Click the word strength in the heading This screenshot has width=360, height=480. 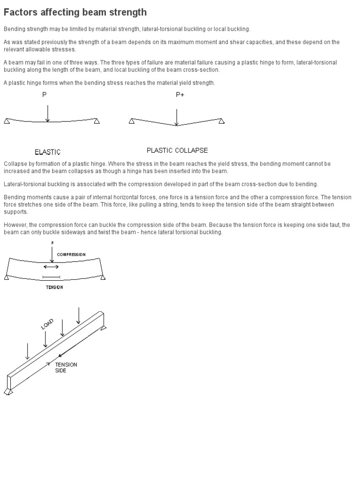pos(127,13)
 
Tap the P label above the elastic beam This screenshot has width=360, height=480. pos(45,95)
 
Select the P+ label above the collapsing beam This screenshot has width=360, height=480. pos(180,95)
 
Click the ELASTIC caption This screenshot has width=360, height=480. pos(47,152)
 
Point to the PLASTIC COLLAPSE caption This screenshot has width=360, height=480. pos(177,150)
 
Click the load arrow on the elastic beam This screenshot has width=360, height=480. pos(47,113)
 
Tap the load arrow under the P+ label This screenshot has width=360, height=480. pos(177,117)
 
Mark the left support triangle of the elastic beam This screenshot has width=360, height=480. pos(7,121)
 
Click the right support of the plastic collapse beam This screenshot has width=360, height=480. pos(221,121)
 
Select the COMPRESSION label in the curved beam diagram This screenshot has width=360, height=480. pos(71,255)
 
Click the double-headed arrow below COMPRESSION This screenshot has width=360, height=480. pos(51,267)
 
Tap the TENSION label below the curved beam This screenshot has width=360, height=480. pos(54,287)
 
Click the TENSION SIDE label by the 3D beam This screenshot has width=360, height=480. pos(66,367)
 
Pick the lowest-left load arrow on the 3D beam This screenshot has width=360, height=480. pos(28,352)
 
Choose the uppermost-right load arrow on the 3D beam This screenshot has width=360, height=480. pos(79,315)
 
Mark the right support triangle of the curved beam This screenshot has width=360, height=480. pos(103,277)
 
